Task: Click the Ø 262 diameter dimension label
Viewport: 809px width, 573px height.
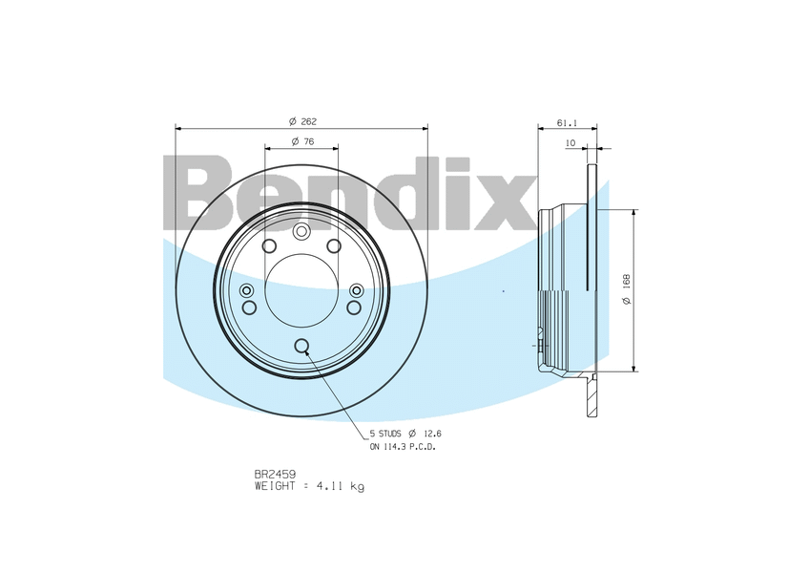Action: pyautogui.click(x=302, y=121)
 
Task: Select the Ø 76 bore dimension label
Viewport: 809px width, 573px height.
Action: pyautogui.click(x=302, y=141)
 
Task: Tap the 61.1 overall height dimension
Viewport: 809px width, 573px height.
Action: pyautogui.click(x=567, y=123)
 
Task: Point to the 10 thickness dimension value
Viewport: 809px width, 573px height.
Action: pyautogui.click(x=570, y=142)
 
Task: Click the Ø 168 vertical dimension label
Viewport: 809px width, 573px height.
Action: pyautogui.click(x=627, y=289)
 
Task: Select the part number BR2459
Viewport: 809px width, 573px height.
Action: pyautogui.click(x=275, y=475)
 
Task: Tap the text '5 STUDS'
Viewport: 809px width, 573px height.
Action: pyautogui.click(x=385, y=434)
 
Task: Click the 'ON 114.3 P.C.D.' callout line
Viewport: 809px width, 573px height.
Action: pyautogui.click(x=403, y=447)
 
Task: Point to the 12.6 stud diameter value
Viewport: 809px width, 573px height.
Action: pyautogui.click(x=432, y=434)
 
